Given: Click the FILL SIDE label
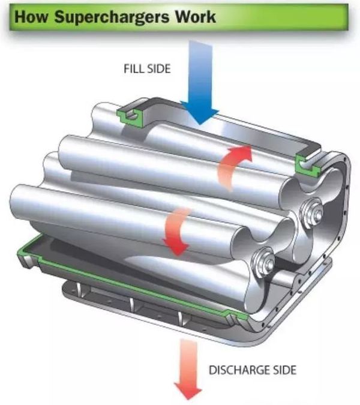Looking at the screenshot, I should [146, 69].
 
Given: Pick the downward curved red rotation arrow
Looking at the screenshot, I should [175, 231].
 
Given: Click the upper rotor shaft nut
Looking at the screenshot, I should [310, 211].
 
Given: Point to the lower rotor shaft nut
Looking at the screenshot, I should [263, 261].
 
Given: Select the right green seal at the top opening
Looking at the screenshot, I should [308, 163].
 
